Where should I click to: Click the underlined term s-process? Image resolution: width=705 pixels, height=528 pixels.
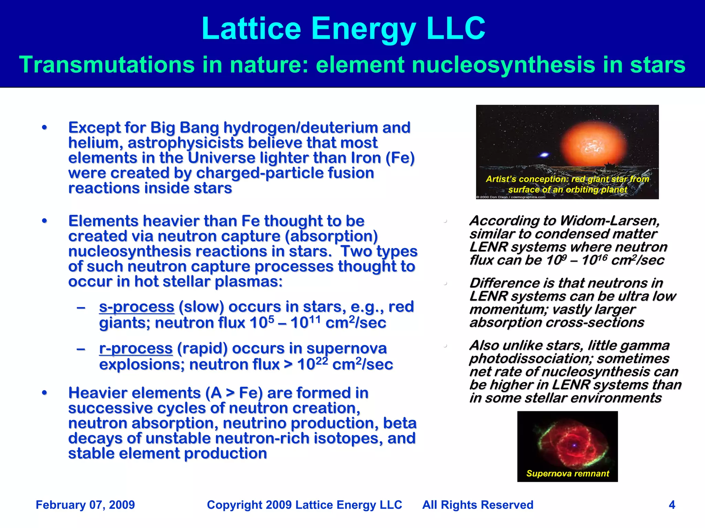point(137,307)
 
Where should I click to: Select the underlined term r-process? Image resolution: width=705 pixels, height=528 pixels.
point(136,348)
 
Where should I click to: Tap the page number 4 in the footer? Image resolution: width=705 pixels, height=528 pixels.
point(672,505)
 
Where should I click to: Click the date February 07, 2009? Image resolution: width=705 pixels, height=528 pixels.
point(85,505)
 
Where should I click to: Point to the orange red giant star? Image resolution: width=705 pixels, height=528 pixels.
point(593,144)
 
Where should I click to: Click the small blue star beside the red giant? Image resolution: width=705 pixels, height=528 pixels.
point(544,155)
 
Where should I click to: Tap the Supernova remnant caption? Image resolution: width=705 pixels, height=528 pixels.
point(568,473)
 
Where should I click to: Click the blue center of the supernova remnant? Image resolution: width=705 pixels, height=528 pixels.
point(574,445)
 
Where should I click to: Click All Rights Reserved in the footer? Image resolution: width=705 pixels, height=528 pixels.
point(478,505)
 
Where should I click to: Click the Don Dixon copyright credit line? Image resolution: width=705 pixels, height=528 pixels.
point(511,197)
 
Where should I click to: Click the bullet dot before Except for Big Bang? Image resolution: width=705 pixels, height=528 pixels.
point(44,128)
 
